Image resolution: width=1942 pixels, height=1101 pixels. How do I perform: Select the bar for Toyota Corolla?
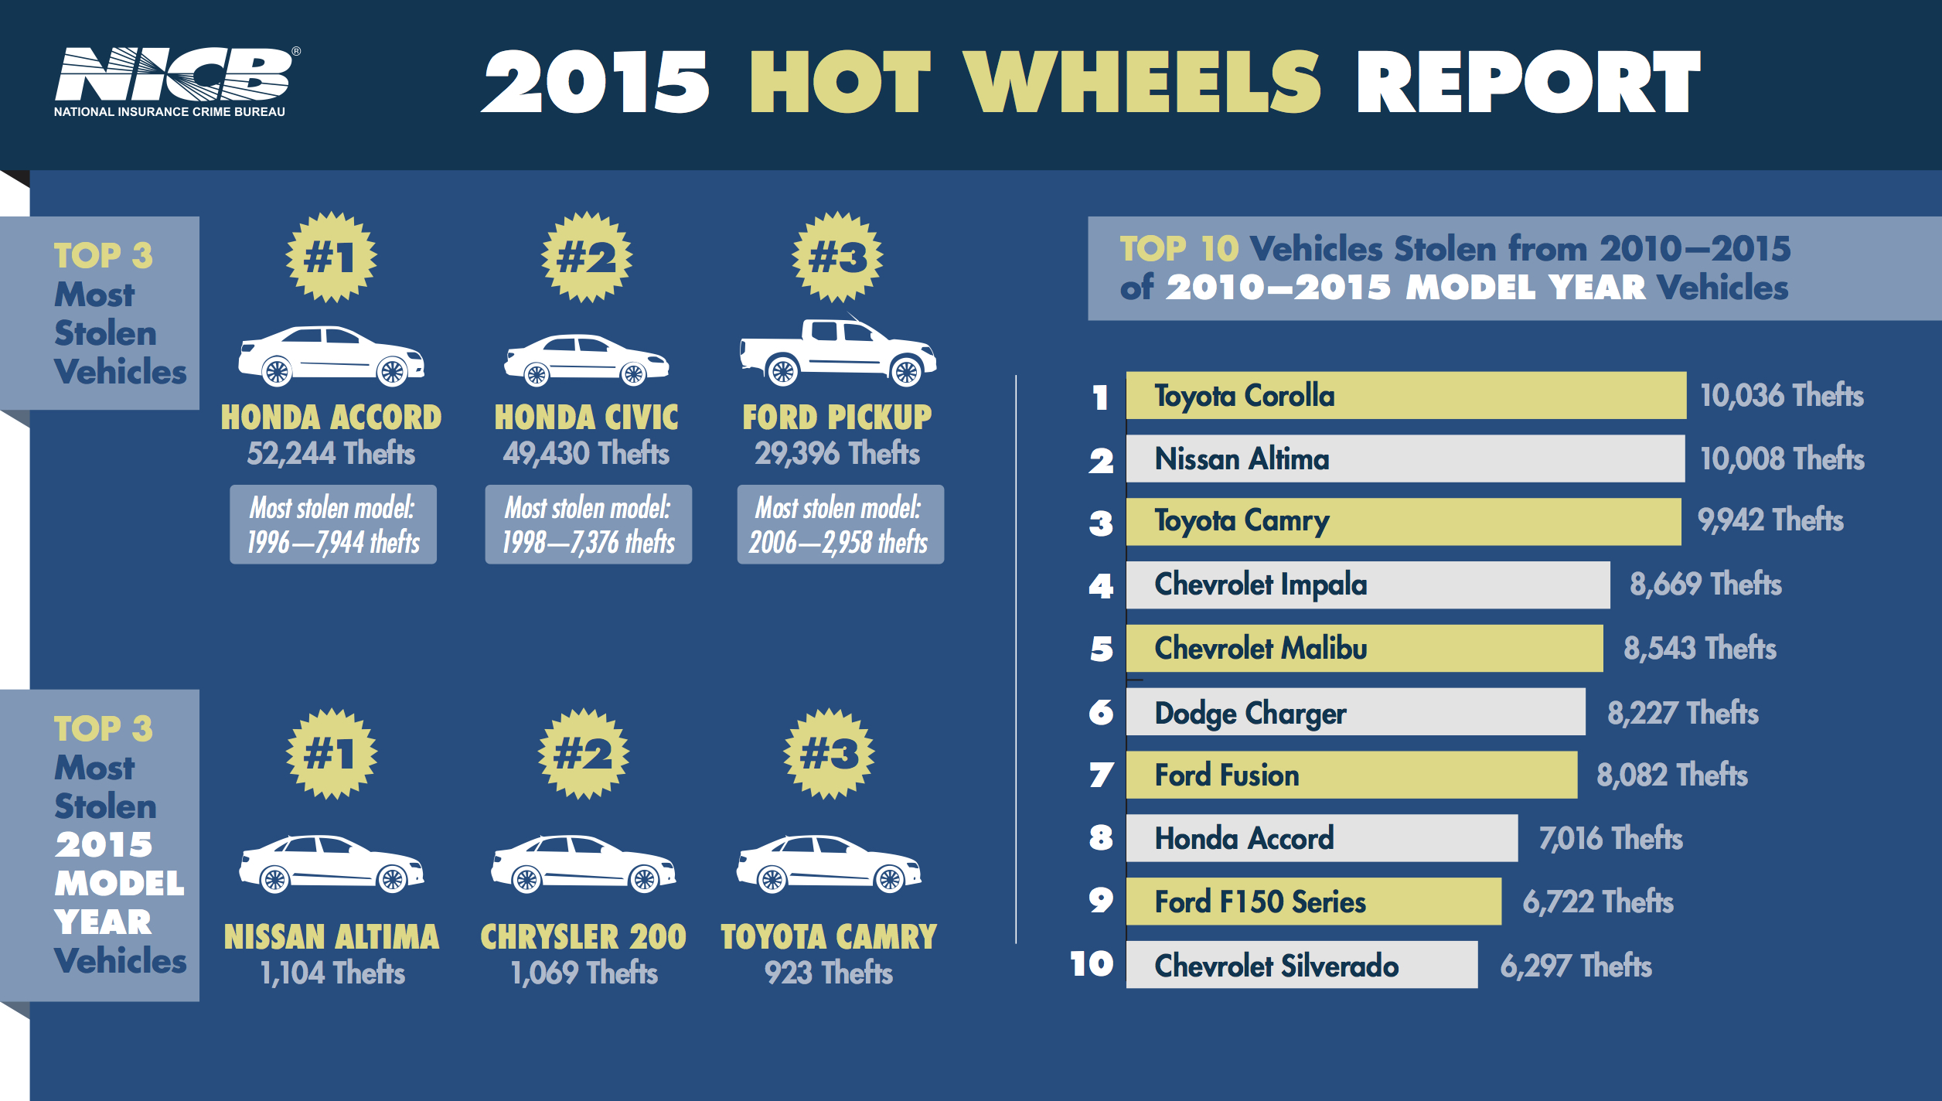click(1405, 395)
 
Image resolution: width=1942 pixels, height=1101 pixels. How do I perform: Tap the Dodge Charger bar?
click(1354, 712)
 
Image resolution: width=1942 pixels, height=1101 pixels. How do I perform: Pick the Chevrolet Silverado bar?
click(1301, 964)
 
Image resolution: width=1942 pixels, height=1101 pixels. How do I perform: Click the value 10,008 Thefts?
click(1781, 458)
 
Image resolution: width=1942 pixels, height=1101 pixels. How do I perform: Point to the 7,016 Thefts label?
click(1610, 838)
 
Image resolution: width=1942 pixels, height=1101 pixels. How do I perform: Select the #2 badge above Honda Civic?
click(586, 257)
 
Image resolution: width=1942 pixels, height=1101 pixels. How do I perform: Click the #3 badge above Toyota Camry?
click(829, 753)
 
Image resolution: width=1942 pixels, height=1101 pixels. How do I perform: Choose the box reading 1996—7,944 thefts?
click(333, 524)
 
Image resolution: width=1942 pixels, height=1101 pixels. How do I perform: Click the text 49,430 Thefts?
click(586, 453)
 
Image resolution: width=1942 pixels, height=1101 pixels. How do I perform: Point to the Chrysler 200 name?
click(583, 937)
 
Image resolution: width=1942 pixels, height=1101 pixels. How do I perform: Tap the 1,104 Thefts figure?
click(332, 973)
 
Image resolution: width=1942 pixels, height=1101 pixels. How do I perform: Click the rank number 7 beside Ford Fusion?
click(1101, 775)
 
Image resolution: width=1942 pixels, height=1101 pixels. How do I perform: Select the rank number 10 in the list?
click(1092, 964)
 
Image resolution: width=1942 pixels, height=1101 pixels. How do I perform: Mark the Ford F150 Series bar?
click(1313, 902)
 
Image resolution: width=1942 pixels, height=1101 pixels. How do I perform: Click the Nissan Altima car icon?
click(331, 864)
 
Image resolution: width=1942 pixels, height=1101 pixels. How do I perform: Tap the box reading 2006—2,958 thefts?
click(840, 524)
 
